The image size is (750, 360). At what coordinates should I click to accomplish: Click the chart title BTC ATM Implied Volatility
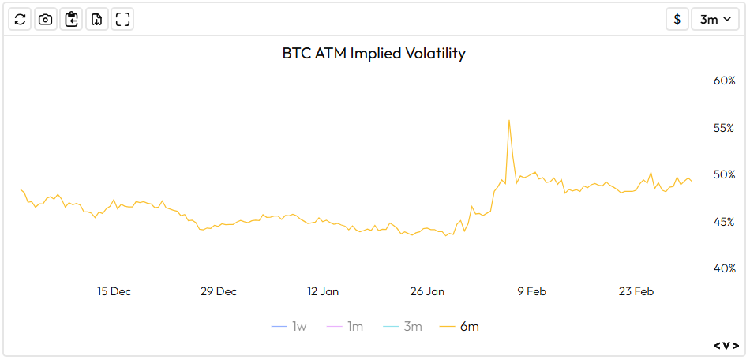374,54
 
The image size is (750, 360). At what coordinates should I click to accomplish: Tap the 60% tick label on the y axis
724,81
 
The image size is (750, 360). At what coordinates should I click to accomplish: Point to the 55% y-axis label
724,128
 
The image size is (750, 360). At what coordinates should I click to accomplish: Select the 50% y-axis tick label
724,174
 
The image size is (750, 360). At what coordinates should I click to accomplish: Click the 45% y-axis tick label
724,222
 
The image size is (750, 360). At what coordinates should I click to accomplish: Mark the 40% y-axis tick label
724,268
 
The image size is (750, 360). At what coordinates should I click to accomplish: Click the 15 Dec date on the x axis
114,291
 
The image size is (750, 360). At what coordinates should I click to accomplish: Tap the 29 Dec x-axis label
219,291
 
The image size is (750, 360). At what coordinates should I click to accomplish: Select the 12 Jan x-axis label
323,291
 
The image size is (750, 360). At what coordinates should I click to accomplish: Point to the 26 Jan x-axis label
427,291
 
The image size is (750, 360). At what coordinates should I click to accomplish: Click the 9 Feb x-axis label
531,291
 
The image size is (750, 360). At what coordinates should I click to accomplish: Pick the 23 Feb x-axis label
636,291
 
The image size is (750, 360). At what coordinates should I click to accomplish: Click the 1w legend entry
289,326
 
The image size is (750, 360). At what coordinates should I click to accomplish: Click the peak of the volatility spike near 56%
509,121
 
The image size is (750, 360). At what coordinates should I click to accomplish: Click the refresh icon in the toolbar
21,20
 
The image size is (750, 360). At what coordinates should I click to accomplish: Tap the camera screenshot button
46,20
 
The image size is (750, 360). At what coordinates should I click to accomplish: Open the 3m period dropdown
715,20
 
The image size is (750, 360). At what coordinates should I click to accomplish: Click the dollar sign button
677,20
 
